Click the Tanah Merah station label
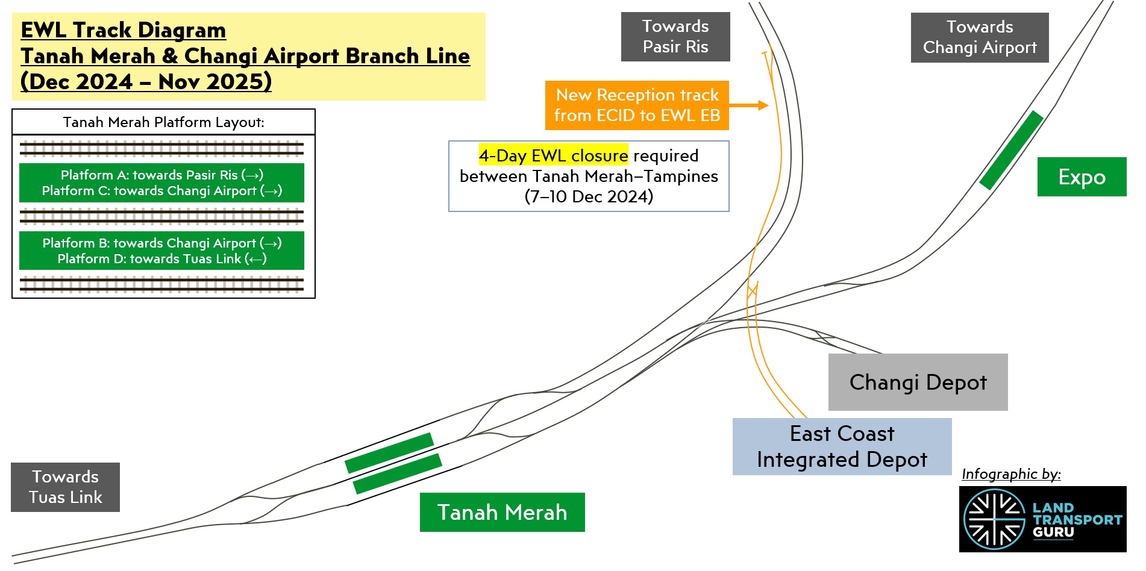click(x=502, y=512)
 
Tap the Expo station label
click(x=1082, y=176)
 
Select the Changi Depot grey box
click(x=918, y=382)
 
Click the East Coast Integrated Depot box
click(x=842, y=446)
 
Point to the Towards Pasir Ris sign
click(x=675, y=37)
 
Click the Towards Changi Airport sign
click(x=979, y=37)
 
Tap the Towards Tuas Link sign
click(x=65, y=487)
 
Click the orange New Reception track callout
click(x=637, y=105)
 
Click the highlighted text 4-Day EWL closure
click(x=553, y=155)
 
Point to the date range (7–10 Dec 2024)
click(x=589, y=196)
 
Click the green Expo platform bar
click(x=1011, y=150)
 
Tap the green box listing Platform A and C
click(x=161, y=183)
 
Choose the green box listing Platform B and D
click(x=161, y=251)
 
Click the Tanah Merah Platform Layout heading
click(x=163, y=122)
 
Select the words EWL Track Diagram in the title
click(x=124, y=30)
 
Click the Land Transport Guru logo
click(x=1042, y=519)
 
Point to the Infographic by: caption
click(x=1011, y=474)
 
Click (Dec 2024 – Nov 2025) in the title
click(x=146, y=81)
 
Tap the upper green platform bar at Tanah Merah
click(x=389, y=452)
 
